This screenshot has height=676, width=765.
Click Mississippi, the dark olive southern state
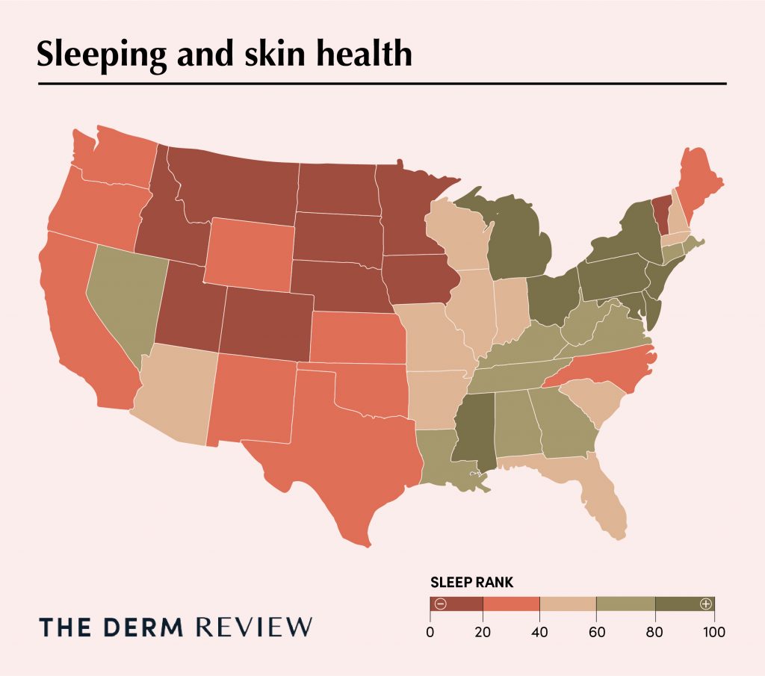473,433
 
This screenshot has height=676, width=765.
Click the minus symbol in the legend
440,604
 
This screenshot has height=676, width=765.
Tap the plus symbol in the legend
704,604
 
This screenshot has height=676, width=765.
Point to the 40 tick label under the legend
540,632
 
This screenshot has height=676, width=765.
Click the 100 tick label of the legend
713,632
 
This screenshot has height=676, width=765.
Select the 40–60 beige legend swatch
568,604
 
